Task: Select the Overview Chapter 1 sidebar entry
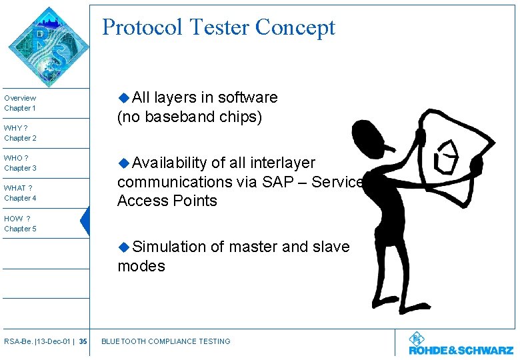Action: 20,103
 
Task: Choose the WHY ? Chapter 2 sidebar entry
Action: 20,133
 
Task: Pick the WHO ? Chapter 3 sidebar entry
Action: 20,163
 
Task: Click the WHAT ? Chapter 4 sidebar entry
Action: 20,193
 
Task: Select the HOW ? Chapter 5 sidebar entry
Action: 20,223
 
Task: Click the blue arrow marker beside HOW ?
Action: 85,221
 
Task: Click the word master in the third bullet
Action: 253,247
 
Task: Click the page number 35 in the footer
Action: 83,341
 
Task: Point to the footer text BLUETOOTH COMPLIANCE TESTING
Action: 165,341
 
